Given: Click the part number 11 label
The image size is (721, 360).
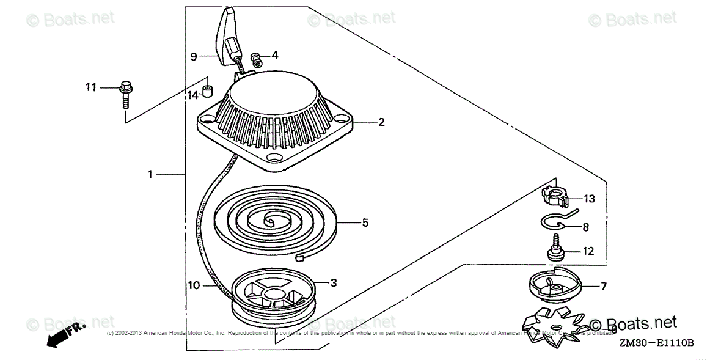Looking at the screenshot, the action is (90, 88).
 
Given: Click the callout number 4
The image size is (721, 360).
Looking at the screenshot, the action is (275, 55).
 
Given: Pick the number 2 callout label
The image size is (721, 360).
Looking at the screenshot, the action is (381, 122).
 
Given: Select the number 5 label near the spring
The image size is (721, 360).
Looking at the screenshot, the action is (365, 222).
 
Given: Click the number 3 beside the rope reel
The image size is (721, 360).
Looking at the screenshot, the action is (334, 282).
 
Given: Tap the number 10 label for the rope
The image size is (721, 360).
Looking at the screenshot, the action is (193, 285).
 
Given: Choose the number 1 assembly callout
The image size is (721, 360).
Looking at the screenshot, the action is (150, 175).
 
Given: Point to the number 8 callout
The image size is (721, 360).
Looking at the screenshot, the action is (585, 227).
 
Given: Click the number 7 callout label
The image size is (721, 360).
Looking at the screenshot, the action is (603, 285).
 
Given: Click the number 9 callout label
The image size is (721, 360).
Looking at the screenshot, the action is (193, 56).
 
